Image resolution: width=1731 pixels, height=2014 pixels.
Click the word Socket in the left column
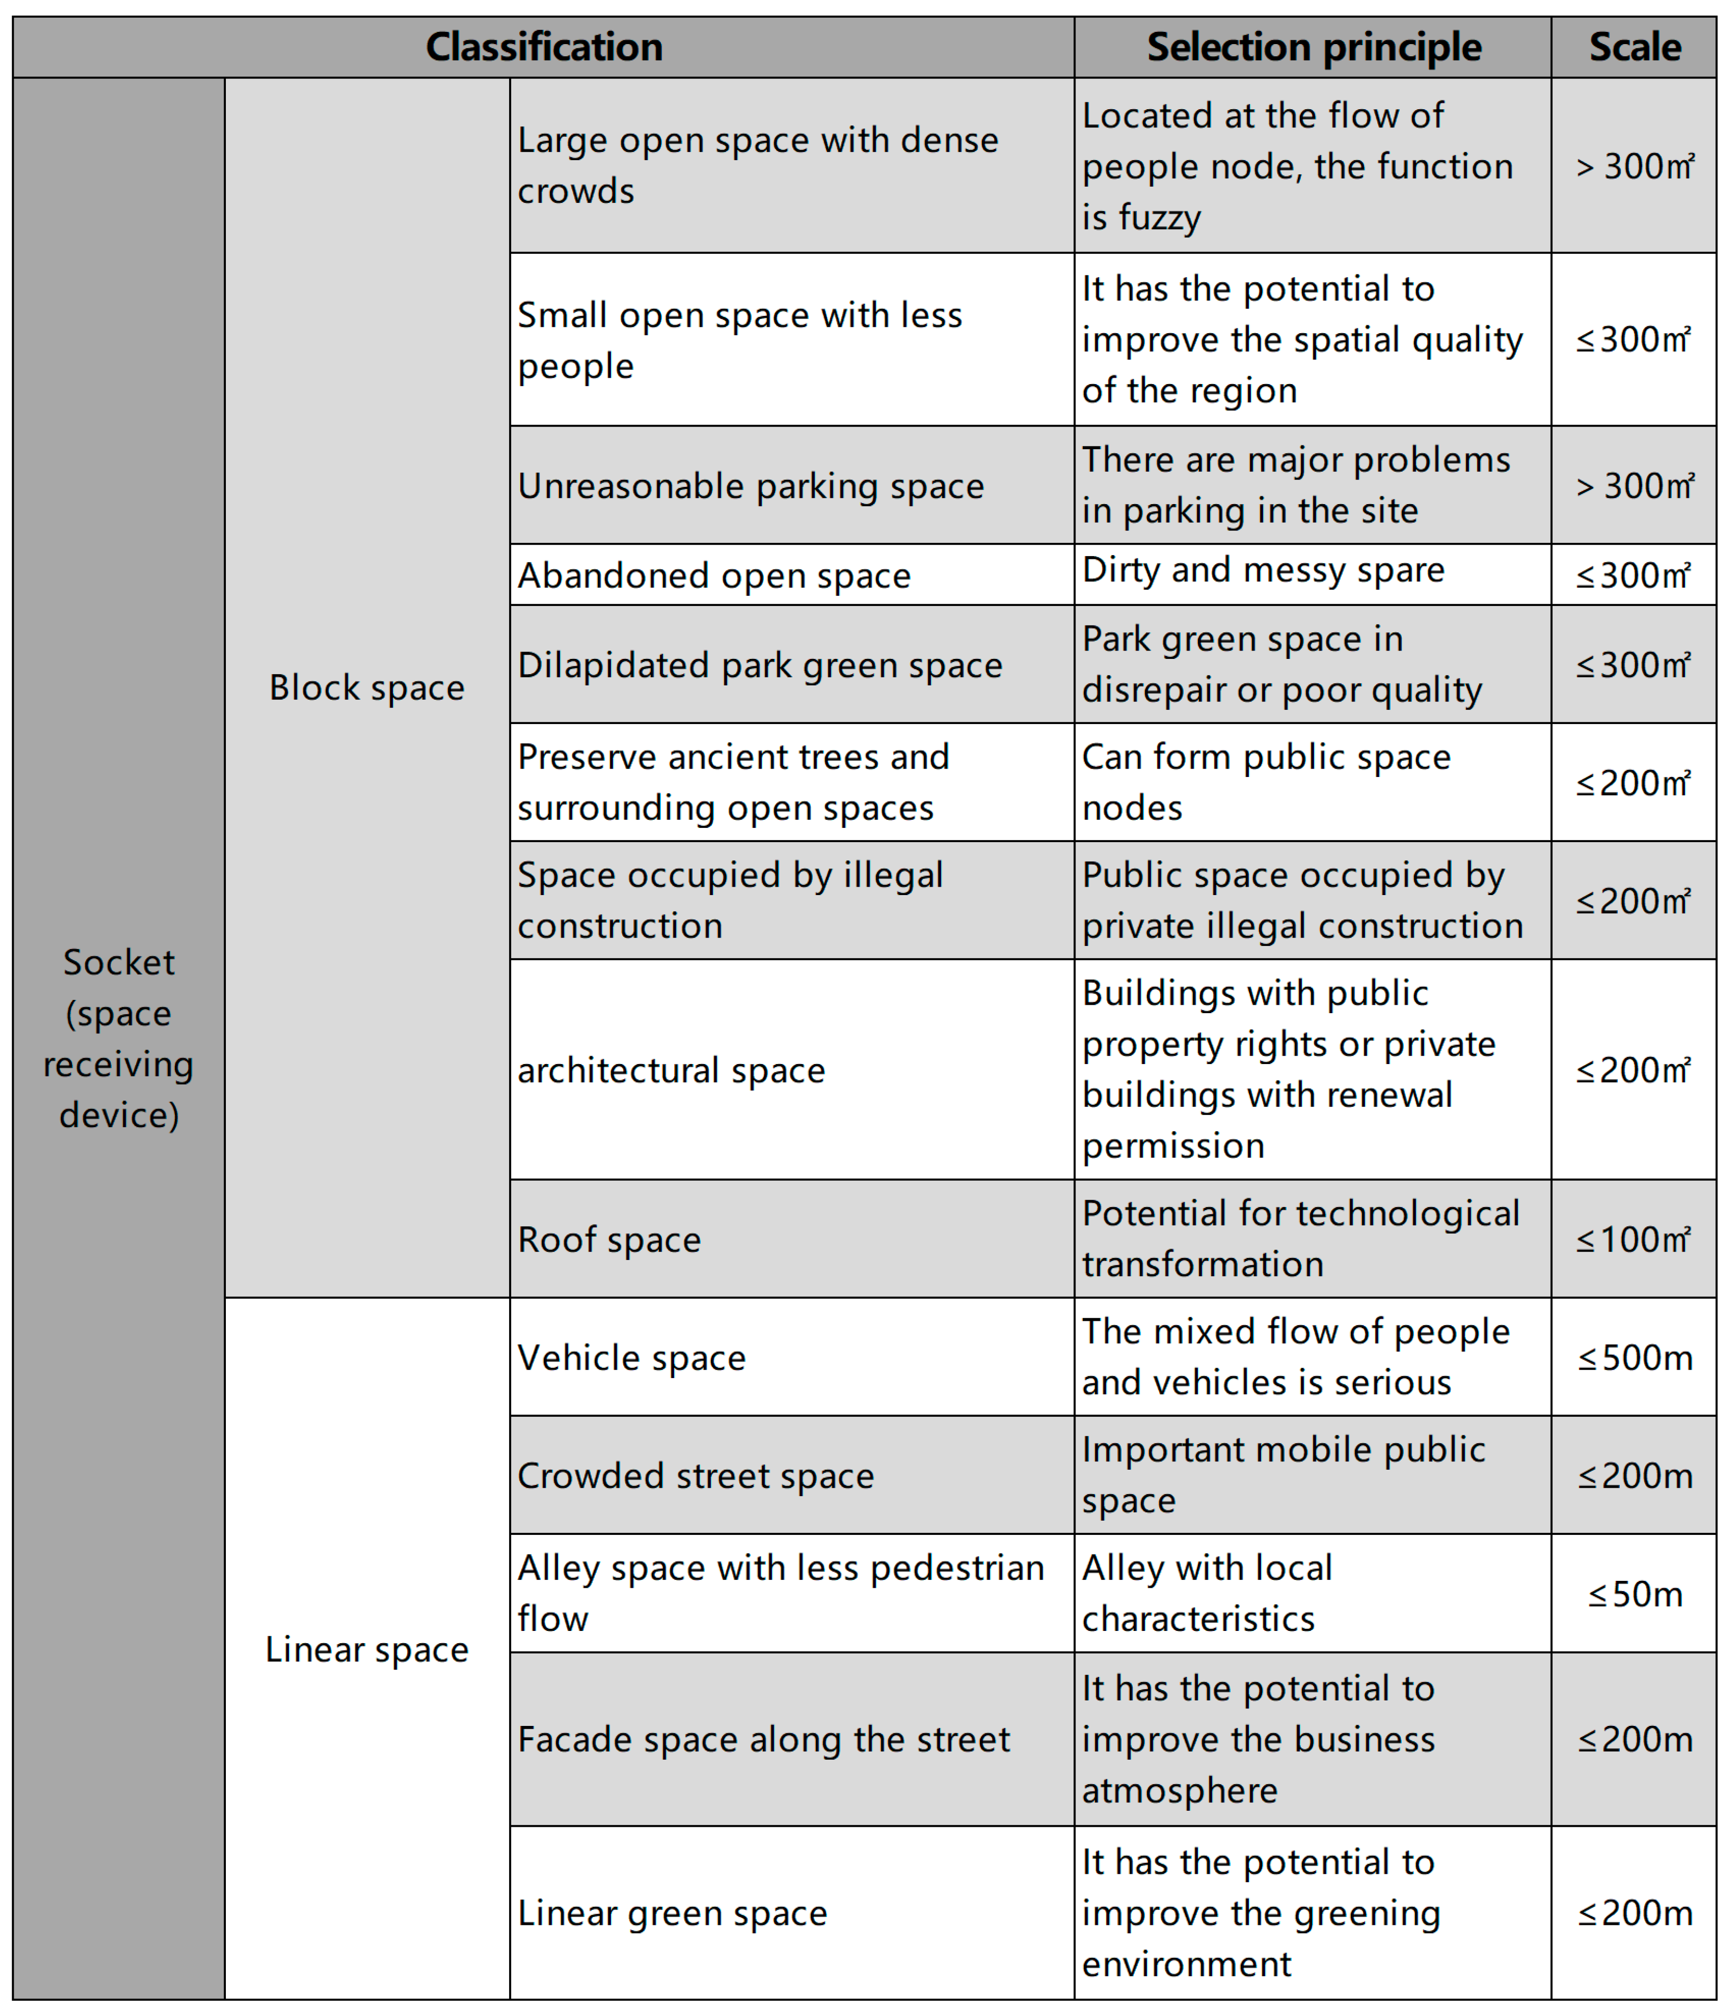click(119, 962)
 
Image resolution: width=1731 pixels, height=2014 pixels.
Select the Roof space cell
click(610, 1239)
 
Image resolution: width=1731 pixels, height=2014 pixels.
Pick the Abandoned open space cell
click(714, 576)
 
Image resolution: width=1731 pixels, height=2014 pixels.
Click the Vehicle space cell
click(632, 1358)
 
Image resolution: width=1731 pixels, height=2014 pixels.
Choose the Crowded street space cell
click(696, 1476)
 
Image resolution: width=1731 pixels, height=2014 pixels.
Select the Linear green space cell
click(673, 1913)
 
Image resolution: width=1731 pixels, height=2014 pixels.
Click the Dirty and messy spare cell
click(1264, 571)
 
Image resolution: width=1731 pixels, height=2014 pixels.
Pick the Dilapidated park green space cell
click(760, 665)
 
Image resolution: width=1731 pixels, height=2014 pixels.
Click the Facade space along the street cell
click(764, 1739)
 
